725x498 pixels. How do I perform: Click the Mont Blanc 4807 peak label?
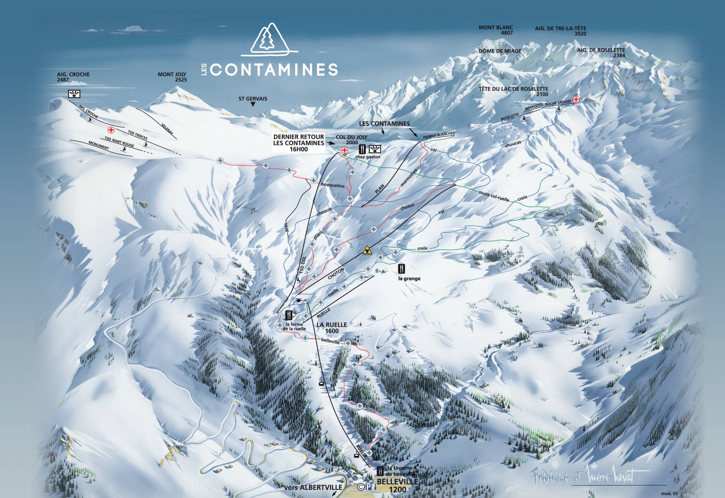click(x=496, y=30)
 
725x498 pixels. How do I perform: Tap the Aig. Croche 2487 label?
click(x=73, y=77)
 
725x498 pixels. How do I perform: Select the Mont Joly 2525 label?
click(x=172, y=77)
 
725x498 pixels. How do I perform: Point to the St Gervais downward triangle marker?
click(x=253, y=105)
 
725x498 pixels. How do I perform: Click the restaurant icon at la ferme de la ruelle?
click(x=289, y=315)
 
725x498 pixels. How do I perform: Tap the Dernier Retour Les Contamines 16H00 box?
click(x=298, y=143)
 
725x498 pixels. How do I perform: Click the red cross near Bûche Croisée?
click(x=576, y=99)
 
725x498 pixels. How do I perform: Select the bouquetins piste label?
click(x=333, y=185)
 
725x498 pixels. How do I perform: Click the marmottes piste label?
click(x=409, y=178)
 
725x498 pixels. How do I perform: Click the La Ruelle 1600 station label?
click(x=331, y=327)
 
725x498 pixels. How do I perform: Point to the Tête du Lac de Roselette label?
click(x=513, y=91)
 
